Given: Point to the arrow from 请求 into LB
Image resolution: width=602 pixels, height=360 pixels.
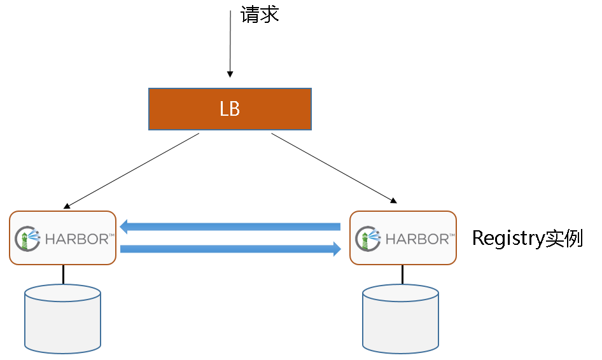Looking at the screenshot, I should [230, 45].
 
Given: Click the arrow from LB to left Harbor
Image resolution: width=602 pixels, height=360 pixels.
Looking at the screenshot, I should [132, 170].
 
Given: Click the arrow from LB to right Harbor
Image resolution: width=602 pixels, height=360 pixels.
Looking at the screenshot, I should [333, 167].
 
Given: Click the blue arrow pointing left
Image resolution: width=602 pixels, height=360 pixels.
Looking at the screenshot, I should [230, 226].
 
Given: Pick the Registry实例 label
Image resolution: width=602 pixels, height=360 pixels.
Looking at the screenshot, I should [527, 239].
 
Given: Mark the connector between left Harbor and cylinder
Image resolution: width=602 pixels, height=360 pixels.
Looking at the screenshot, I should [63, 274].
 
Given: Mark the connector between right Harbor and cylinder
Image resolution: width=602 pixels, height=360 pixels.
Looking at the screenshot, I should [402, 274].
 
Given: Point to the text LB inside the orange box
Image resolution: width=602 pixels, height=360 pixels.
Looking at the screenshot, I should [230, 109].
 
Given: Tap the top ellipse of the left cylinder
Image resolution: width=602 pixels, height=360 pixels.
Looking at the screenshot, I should [62, 293].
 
